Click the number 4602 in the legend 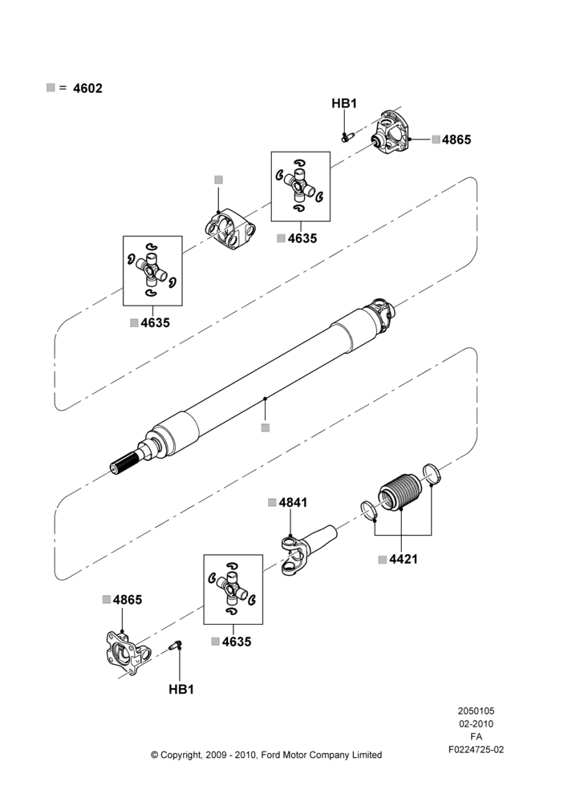click(87, 88)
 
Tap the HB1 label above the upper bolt click(344, 103)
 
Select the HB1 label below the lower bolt click(181, 690)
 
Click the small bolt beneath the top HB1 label click(348, 136)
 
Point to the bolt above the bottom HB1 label click(176, 645)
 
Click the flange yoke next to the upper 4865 click(391, 132)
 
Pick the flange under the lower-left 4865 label click(128, 653)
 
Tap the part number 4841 click(293, 503)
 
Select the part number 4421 click(404, 560)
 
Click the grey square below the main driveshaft click(265, 427)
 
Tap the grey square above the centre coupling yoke click(218, 180)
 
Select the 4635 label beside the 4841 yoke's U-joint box click(237, 642)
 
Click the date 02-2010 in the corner click(476, 723)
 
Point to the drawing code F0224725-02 click(476, 750)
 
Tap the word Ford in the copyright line click(271, 755)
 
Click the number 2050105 click(476, 711)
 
